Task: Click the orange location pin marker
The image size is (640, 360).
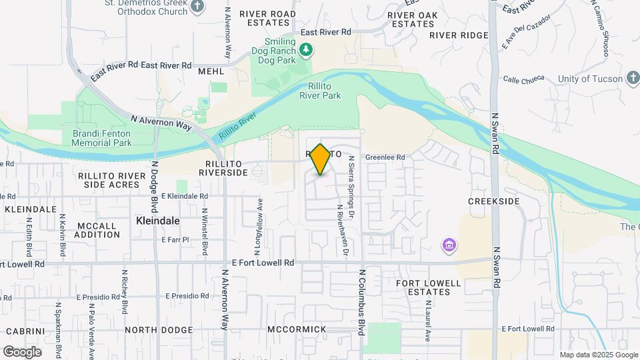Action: click(x=321, y=159)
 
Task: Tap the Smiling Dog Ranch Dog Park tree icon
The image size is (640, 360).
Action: click(x=306, y=49)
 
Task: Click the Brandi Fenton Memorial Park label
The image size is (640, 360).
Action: click(x=102, y=138)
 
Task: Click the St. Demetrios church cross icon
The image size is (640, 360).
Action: click(x=197, y=7)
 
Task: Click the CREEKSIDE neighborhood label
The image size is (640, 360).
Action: click(x=493, y=201)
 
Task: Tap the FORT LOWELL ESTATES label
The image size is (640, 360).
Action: click(x=429, y=287)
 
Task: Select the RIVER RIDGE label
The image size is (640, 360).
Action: click(x=459, y=35)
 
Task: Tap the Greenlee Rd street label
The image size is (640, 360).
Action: click(x=385, y=157)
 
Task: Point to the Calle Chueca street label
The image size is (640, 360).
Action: click(x=524, y=80)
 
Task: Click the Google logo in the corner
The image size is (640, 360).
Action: click(x=22, y=352)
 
